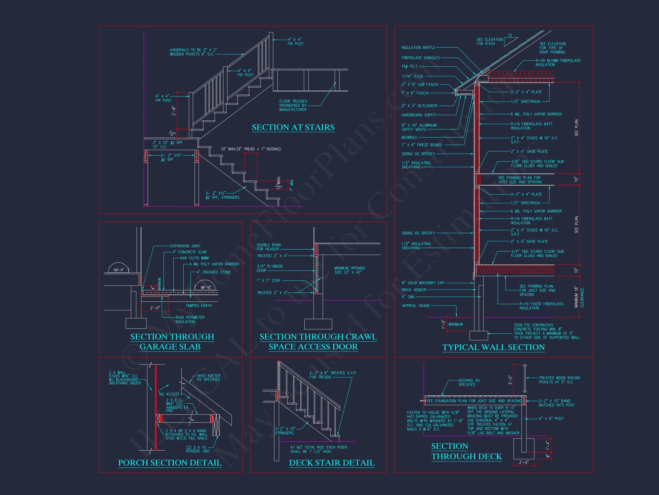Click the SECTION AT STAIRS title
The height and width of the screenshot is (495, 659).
293,127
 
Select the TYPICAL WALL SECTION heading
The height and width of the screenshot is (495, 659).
493,347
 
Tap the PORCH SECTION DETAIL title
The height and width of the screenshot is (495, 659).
170,463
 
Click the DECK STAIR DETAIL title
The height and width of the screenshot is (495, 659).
332,463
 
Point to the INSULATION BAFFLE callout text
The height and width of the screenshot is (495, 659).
418,48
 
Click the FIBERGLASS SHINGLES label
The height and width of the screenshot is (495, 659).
420,58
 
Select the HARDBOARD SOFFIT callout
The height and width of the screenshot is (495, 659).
418,115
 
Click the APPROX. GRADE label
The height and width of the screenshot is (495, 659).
416,306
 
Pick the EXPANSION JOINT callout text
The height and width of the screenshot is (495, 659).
185,246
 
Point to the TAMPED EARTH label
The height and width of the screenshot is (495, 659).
199,306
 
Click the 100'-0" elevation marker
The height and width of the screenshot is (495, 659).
118,270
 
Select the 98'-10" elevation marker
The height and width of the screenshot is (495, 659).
206,288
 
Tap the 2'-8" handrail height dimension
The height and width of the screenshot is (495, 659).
174,111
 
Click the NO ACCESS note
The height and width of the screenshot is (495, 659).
169,394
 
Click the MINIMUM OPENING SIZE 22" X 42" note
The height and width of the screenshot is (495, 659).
350,270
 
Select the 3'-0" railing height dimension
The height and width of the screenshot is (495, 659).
510,380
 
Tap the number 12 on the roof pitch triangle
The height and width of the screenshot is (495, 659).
510,35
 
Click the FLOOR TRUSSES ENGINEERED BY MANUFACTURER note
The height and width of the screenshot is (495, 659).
293,105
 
